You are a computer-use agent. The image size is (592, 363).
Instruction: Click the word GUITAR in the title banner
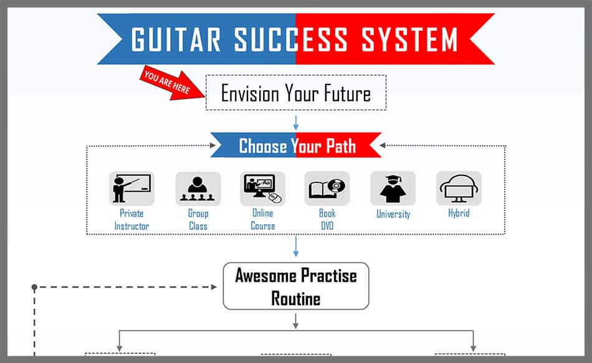coord(176,39)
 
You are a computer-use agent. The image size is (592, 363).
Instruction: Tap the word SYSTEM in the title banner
coord(409,39)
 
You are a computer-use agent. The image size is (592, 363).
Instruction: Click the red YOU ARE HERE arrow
coord(172,84)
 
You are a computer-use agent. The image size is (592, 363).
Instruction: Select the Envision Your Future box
coord(296,92)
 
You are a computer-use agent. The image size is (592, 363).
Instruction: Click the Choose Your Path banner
coord(296,145)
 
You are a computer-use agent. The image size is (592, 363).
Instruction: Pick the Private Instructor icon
coord(131,188)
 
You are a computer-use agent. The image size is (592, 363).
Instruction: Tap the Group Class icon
coord(198,188)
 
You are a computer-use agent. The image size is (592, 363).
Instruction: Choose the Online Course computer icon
coord(263,188)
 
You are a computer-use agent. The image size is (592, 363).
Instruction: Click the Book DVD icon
coord(327,188)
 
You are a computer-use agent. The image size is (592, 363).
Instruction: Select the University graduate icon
coord(393,188)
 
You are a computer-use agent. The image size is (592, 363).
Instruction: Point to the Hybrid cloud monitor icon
coord(459,188)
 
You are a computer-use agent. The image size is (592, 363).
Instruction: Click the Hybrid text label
coord(459,213)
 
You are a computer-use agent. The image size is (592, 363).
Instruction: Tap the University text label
coord(393,214)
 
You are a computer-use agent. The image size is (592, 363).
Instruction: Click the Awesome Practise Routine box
coord(296,286)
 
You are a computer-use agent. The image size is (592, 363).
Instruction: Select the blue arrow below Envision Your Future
coord(296,123)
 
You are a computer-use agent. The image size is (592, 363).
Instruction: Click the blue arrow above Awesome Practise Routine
coord(296,247)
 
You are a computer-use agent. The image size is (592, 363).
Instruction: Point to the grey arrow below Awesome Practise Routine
coord(296,321)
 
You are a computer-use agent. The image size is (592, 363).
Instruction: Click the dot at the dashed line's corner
coord(34,287)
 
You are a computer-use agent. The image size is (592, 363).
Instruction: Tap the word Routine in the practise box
coord(296,299)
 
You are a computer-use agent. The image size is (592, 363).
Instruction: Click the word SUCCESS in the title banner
coord(291,39)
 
